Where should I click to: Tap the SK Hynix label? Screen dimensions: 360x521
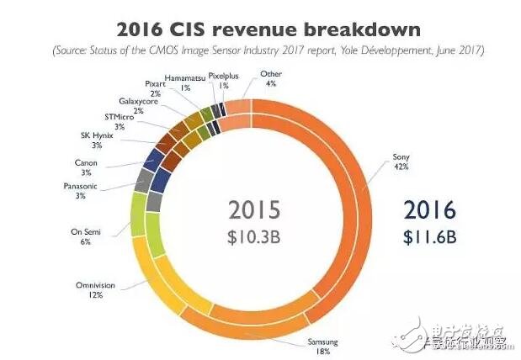pos(87,140)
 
